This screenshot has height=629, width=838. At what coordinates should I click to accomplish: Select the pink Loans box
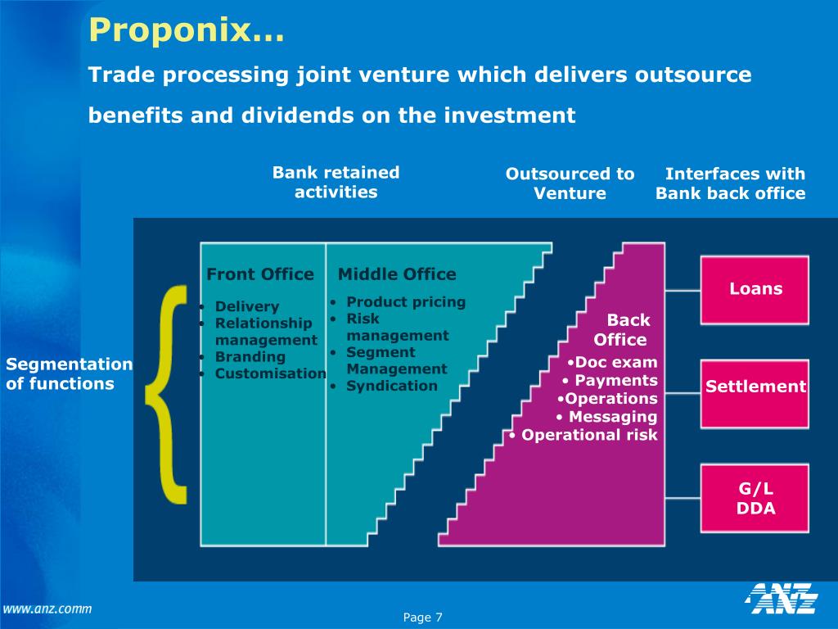coord(755,289)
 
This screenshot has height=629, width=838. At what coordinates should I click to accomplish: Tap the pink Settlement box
coord(755,387)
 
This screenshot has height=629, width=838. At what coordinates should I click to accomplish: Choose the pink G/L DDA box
coord(755,498)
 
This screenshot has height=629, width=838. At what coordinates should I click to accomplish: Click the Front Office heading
coord(259,274)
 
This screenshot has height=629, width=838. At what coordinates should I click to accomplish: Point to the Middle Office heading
coord(397,274)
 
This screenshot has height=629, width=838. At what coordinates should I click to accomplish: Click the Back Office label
coord(621,330)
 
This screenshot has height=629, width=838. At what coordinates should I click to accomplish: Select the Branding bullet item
coord(250,357)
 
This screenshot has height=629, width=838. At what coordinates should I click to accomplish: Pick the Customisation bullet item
coord(270,373)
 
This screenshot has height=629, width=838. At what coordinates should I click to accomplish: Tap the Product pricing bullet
coord(405,302)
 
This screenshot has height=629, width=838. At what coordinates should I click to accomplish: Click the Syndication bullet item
coord(391,386)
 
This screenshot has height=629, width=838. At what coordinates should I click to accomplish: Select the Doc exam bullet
coord(614,363)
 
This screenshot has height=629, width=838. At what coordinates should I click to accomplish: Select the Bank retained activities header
coord(336,183)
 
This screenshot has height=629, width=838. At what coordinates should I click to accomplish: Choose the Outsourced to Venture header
coord(570,183)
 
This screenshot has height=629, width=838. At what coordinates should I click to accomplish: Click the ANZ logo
coord(782,599)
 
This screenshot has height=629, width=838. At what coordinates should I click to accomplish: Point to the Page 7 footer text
coord(422,618)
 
